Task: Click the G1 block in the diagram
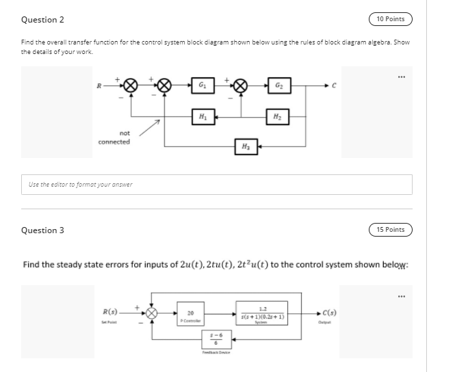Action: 203,85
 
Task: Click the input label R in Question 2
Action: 101,85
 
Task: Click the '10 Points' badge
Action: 390,19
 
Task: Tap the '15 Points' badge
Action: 390,230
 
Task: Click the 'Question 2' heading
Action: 38,19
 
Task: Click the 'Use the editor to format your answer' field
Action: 216,183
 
